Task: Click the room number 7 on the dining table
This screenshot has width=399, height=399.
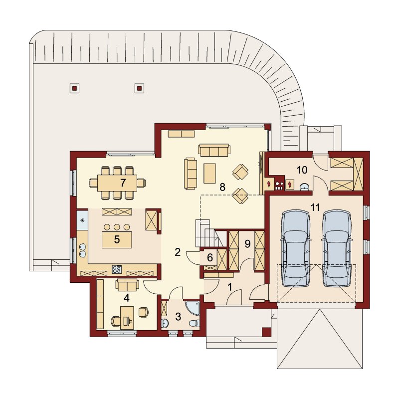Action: (x=123, y=183)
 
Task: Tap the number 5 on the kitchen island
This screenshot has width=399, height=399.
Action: (x=117, y=239)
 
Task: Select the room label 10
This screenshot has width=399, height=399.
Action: (x=302, y=170)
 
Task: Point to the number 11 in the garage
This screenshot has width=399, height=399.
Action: (x=315, y=207)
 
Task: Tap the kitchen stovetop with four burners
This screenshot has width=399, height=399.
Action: (x=117, y=269)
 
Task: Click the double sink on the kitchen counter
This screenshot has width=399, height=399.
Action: (x=82, y=250)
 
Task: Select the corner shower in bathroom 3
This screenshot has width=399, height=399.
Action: (x=192, y=308)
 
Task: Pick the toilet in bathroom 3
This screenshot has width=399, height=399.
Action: (x=195, y=323)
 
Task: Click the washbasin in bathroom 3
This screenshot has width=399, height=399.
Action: (x=165, y=323)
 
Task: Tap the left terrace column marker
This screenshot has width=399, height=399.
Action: (x=74, y=88)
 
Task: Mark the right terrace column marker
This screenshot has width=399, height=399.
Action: (x=139, y=88)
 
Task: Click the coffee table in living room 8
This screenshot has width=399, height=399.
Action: (x=209, y=173)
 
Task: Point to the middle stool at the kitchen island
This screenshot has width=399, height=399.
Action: (x=117, y=227)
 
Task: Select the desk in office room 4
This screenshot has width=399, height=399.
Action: (x=127, y=318)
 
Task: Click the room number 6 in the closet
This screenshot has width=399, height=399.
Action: (x=210, y=257)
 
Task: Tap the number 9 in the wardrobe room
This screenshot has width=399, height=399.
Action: (x=247, y=244)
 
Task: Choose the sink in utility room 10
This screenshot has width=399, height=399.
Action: (x=305, y=187)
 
